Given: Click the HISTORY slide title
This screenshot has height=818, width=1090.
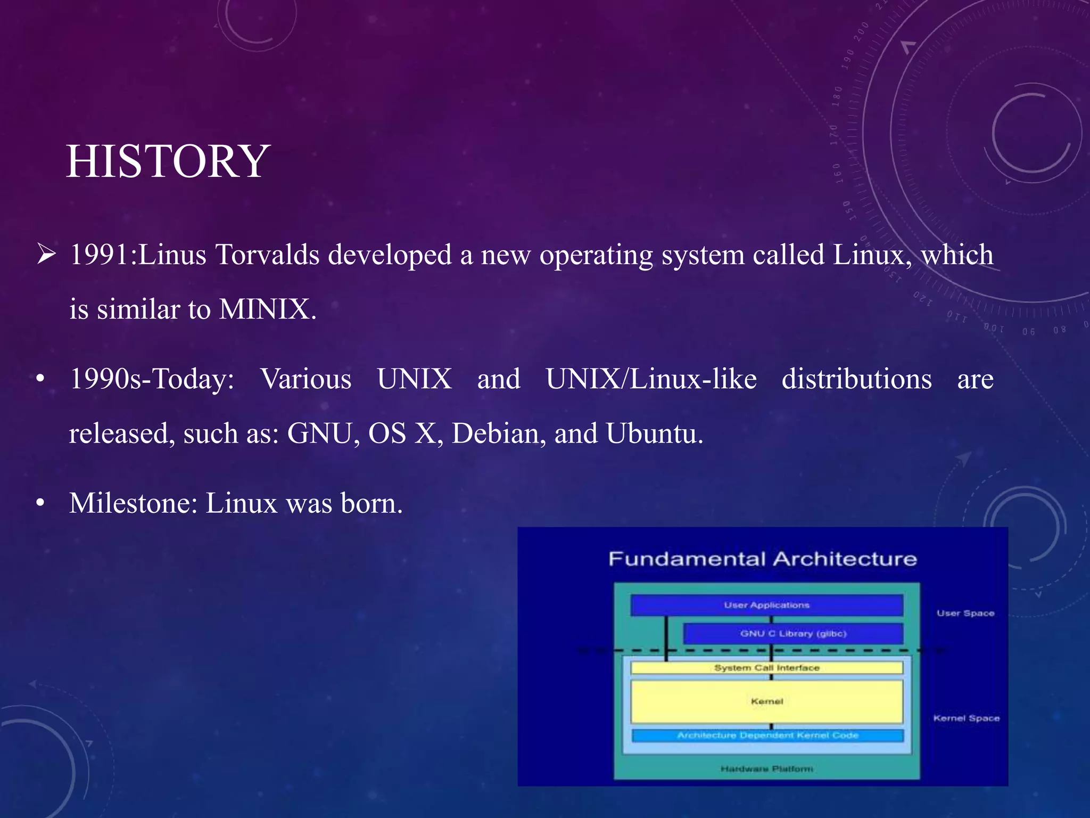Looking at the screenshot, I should (168, 161).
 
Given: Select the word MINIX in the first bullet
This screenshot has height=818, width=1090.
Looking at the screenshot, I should (265, 309).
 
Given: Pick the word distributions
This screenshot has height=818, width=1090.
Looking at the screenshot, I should (856, 379).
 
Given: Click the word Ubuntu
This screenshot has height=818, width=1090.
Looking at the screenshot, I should (654, 433).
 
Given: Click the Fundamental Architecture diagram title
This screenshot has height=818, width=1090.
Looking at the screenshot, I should (763, 559).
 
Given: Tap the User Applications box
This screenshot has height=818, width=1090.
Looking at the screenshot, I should (766, 605).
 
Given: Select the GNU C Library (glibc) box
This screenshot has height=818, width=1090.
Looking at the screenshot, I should (793, 634).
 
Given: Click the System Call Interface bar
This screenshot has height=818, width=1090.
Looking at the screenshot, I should (766, 668).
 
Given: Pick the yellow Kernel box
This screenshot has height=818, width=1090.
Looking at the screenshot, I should (766, 701).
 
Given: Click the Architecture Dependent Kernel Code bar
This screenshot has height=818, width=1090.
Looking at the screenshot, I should (767, 735).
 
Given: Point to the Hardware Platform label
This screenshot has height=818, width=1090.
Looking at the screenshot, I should (766, 768).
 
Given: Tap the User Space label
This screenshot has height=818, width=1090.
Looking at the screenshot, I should (965, 613).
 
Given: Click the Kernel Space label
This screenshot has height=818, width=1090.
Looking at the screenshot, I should (966, 718).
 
